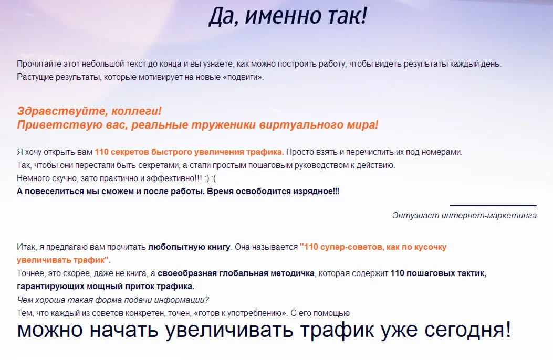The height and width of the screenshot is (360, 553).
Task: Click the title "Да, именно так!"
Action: (288, 16)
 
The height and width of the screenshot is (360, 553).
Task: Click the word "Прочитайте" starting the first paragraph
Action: (39, 64)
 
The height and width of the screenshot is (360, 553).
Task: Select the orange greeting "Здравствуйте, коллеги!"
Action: (89, 111)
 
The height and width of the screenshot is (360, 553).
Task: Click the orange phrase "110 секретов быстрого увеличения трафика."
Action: (189, 152)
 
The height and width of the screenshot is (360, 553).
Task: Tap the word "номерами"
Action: (442, 153)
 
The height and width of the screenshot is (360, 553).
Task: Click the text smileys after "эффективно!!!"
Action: (210, 178)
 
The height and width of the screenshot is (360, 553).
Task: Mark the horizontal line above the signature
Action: (493, 205)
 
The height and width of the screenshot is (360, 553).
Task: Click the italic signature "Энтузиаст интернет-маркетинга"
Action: (464, 216)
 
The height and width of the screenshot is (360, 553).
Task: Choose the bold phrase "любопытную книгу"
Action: (189, 247)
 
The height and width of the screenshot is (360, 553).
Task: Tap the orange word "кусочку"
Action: (429, 247)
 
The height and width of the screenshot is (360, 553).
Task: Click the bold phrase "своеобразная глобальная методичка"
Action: (236, 273)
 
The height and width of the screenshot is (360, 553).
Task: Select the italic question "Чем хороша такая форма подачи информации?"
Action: (113, 300)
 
